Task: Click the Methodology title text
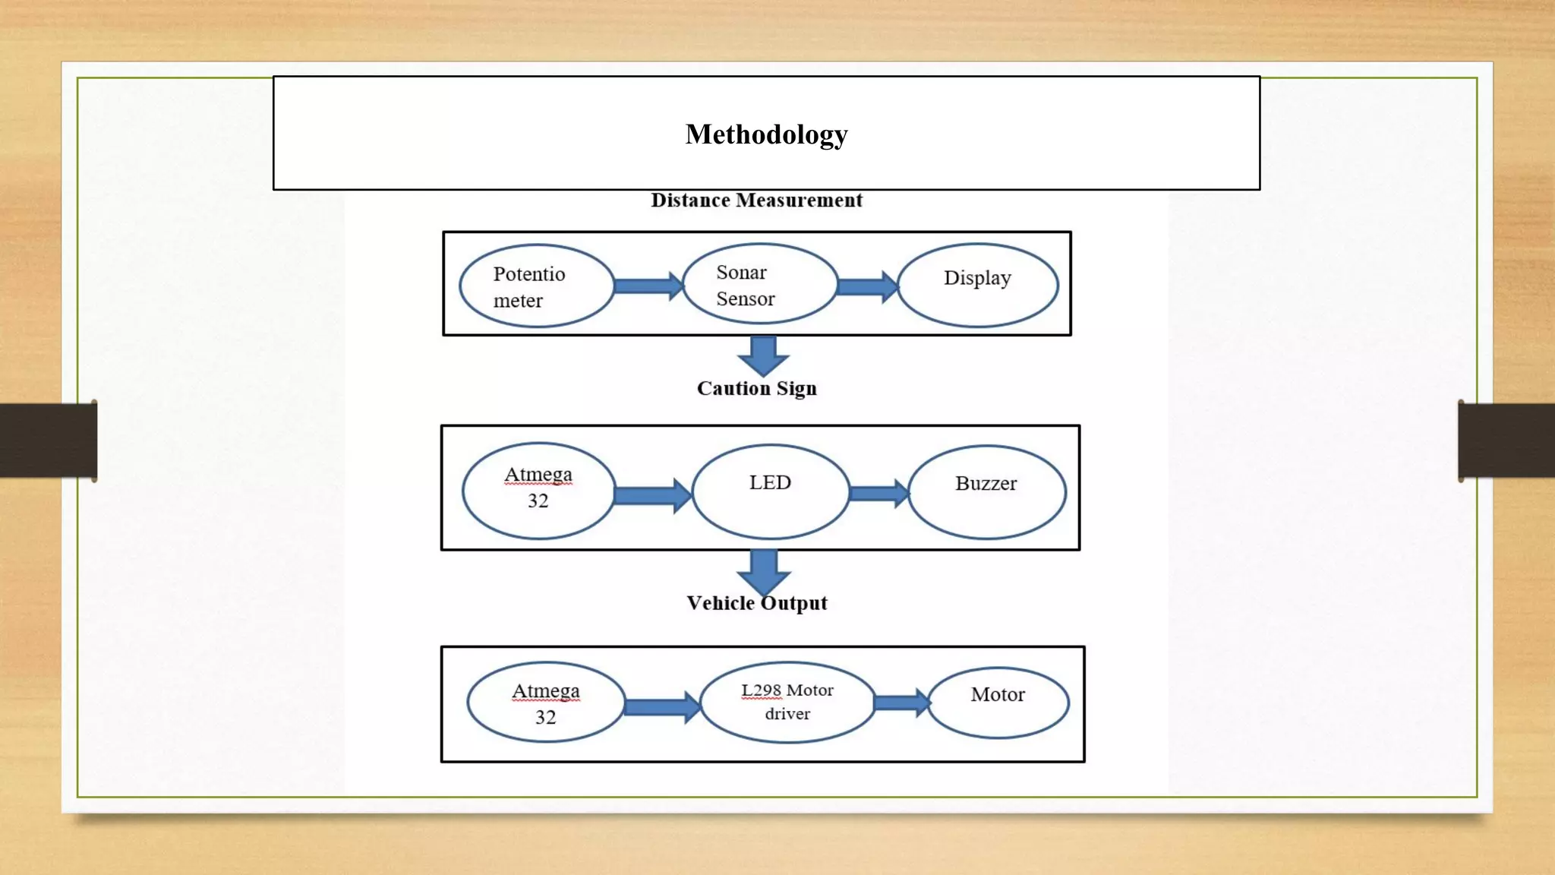coord(766,134)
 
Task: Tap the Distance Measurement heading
coord(756,201)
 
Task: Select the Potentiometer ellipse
coord(537,286)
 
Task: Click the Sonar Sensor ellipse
coord(760,284)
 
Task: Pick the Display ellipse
coord(977,285)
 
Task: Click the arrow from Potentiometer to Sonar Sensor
coord(648,286)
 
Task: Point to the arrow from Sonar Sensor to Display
coord(866,286)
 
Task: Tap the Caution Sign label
coord(756,389)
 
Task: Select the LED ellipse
coord(770,491)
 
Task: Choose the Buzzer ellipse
coord(986,492)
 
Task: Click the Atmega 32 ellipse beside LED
coord(538,491)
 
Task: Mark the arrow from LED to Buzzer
coord(878,494)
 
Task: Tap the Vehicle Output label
coord(756,604)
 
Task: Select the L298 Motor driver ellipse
coord(787,703)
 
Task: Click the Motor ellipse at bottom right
coord(998,703)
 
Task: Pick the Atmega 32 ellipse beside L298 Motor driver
coord(545,703)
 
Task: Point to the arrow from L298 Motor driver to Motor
coord(901,703)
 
